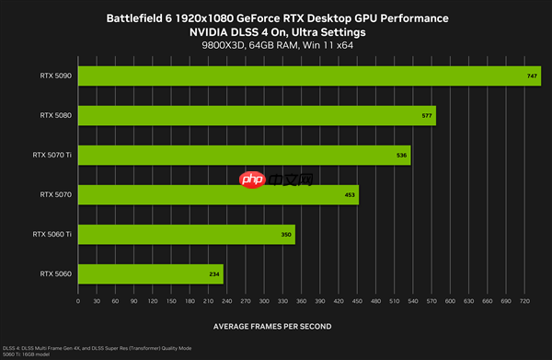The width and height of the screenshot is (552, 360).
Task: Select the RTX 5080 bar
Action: coord(257,115)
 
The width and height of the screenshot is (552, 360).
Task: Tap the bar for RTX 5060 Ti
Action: coord(187,235)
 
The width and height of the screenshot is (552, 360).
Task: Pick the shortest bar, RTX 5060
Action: coord(151,274)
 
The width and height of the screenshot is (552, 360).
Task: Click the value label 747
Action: coord(533,76)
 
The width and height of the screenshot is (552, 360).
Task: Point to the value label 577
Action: coord(427,116)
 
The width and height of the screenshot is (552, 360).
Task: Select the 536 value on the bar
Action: coord(401,156)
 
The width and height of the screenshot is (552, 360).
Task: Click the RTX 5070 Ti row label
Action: coord(52,155)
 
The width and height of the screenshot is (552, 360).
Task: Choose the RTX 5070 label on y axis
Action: coord(56,194)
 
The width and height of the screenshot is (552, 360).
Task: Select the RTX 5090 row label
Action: coord(56,75)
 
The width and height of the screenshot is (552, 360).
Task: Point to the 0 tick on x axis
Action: coord(79,301)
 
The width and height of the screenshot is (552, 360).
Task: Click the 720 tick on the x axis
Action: coord(523,301)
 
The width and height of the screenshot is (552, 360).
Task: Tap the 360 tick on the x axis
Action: coord(301,301)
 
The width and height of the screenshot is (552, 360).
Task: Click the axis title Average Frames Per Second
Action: coord(272,326)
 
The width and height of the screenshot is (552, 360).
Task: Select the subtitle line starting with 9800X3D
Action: coord(276,46)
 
